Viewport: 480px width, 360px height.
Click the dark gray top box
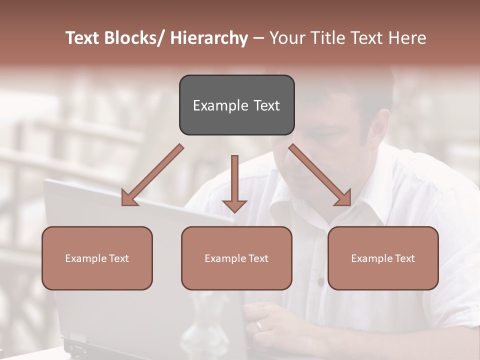point(236,105)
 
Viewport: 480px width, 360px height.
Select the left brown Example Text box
point(97,258)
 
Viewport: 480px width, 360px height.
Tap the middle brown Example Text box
point(236,258)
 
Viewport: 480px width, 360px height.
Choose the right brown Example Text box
point(383,258)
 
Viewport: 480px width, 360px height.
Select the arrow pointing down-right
point(320,175)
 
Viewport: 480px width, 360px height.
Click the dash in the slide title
point(258,38)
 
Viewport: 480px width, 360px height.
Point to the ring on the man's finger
point(258,325)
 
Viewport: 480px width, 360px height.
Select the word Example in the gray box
point(214,105)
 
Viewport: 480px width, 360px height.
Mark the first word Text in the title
point(83,38)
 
